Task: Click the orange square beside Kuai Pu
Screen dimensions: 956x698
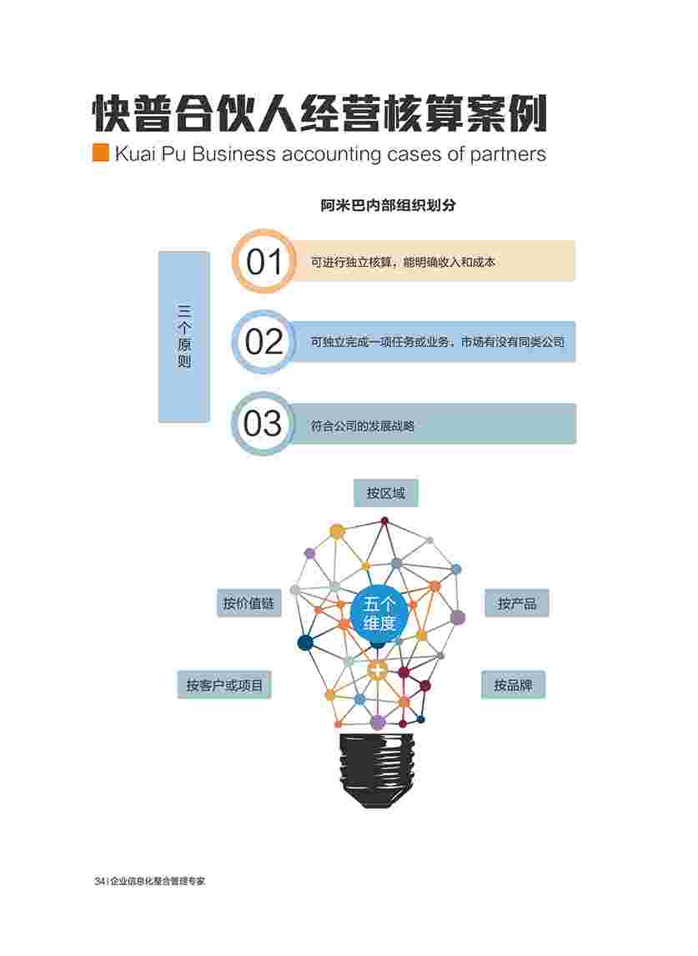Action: [x=101, y=153]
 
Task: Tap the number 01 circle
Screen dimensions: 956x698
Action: [x=264, y=262]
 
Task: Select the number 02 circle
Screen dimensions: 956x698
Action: [x=264, y=342]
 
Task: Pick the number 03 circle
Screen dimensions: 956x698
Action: [x=264, y=424]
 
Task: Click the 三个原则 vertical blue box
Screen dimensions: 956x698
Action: [x=184, y=336]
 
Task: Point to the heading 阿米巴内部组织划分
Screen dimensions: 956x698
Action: [x=389, y=206]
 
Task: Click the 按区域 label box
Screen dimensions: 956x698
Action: [x=385, y=493]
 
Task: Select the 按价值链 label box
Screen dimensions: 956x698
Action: [x=249, y=603]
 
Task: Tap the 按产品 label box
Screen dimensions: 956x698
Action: [x=517, y=603]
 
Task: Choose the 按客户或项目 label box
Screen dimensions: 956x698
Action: [x=224, y=686]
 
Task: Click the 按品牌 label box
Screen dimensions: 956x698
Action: [x=513, y=685]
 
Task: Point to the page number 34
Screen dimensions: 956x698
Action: [x=98, y=881]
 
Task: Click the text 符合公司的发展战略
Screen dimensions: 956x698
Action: [x=362, y=425]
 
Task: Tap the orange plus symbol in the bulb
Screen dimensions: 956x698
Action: [x=378, y=669]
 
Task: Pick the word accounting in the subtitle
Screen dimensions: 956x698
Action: [x=332, y=154]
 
